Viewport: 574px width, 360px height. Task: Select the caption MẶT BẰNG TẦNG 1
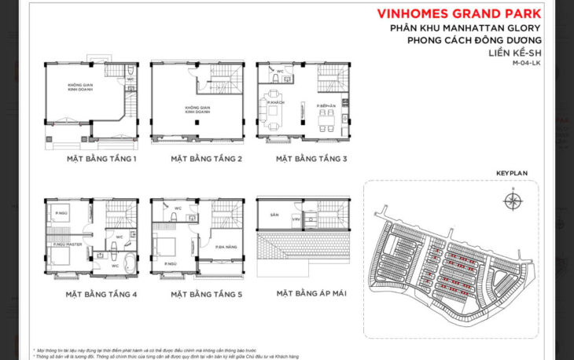pyautogui.click(x=101, y=158)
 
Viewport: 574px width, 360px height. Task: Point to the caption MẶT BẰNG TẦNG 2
pyautogui.click(x=206, y=158)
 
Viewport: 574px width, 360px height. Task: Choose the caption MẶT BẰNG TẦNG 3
pyautogui.click(x=311, y=158)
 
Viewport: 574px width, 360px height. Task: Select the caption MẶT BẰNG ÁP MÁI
pyautogui.click(x=312, y=294)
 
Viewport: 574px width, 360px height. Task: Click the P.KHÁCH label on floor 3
pyautogui.click(x=275, y=104)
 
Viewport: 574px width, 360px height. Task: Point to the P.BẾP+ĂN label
pyautogui.click(x=327, y=105)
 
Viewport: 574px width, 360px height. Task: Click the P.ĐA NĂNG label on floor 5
pyautogui.click(x=228, y=247)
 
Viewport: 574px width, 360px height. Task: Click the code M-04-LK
pyautogui.click(x=526, y=63)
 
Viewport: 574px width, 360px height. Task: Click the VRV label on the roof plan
pyautogui.click(x=296, y=219)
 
